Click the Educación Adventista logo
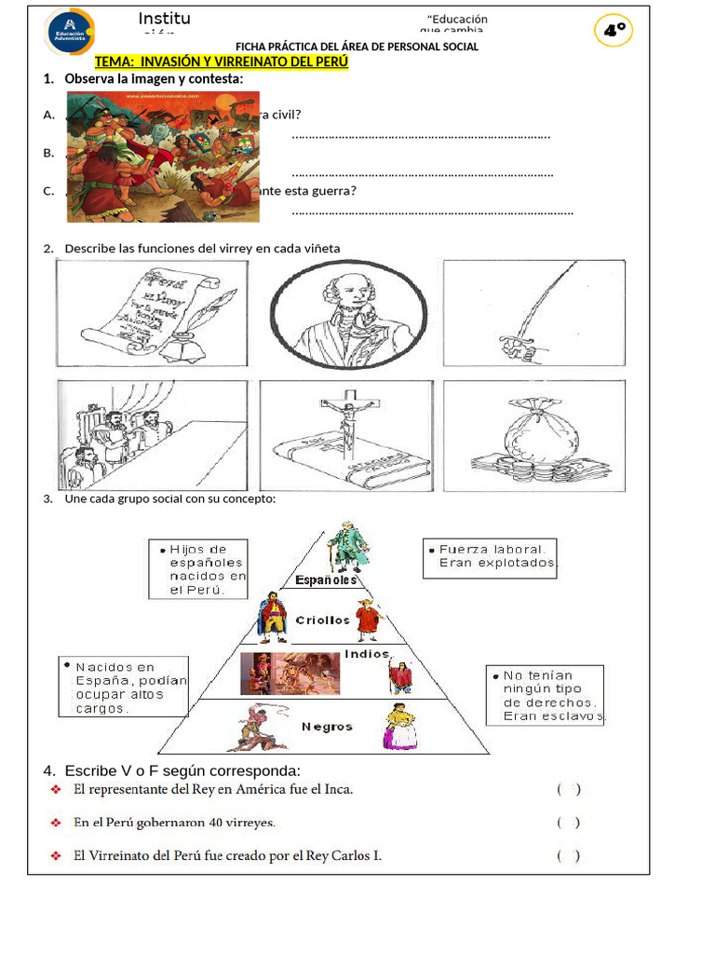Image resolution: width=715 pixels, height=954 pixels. pyautogui.click(x=69, y=32)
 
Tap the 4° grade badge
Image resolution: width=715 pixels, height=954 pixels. pyautogui.click(x=614, y=31)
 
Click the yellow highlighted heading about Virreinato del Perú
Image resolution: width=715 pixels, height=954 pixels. pyautogui.click(x=222, y=61)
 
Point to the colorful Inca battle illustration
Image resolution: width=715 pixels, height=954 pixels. pyautogui.click(x=162, y=156)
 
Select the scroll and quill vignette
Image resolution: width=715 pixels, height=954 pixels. pyautogui.click(x=152, y=312)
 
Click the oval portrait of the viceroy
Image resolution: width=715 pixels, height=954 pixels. pyautogui.click(x=348, y=313)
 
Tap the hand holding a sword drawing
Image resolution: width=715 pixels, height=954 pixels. pyautogui.click(x=533, y=312)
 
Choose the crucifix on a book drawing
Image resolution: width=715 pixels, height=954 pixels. pyautogui.click(x=345, y=435)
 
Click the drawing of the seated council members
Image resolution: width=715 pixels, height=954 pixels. pyautogui.click(x=152, y=435)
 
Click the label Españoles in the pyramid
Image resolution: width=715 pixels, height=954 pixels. pyautogui.click(x=326, y=580)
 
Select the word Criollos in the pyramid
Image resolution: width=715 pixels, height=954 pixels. pyautogui.click(x=322, y=620)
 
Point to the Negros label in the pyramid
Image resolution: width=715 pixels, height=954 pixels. pyautogui.click(x=327, y=727)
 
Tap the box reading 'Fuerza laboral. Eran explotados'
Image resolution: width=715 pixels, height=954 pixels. pyautogui.click(x=490, y=557)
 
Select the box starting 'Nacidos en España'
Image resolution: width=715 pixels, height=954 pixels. pyautogui.click(x=123, y=688)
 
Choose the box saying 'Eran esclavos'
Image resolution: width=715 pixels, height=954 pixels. pyautogui.click(x=545, y=695)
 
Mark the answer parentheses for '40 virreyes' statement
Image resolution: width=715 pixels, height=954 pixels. pyautogui.click(x=569, y=823)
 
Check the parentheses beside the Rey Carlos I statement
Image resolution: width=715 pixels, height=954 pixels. pyautogui.click(x=569, y=856)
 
